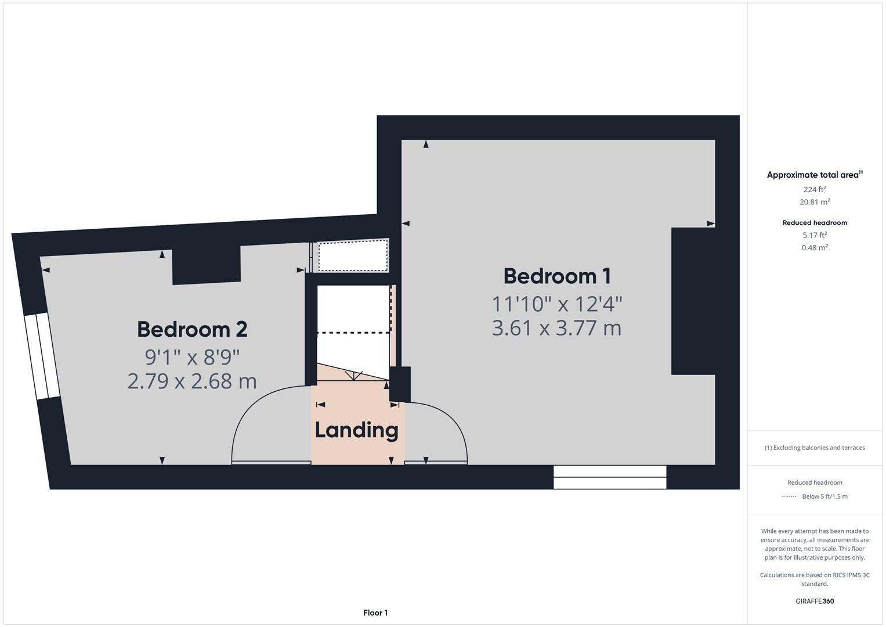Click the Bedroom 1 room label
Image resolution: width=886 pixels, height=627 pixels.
(x=557, y=276)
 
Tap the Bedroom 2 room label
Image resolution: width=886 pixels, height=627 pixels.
(x=192, y=329)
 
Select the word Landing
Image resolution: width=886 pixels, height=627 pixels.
(x=356, y=430)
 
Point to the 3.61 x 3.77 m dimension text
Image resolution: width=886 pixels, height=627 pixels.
(x=556, y=328)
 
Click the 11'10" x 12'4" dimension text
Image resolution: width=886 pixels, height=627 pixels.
(x=556, y=303)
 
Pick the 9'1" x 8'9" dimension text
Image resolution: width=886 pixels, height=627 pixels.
(x=192, y=355)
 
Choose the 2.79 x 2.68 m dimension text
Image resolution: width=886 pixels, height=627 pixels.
(x=192, y=381)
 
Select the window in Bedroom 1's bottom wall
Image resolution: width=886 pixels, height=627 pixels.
(x=610, y=477)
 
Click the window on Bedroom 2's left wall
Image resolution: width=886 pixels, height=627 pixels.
(x=42, y=356)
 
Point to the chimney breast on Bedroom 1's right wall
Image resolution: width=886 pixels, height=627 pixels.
(x=693, y=301)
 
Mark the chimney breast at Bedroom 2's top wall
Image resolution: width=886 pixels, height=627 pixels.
(x=207, y=265)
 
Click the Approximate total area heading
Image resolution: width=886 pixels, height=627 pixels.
(x=813, y=175)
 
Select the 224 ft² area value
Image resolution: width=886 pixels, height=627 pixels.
(x=815, y=189)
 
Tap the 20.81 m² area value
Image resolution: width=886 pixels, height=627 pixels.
(x=815, y=202)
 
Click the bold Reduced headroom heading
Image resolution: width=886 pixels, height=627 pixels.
(x=815, y=222)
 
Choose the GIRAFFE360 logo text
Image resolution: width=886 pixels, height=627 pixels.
(x=815, y=601)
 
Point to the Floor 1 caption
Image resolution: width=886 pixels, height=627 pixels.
(x=375, y=612)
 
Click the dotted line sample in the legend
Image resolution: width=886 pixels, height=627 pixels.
(x=790, y=497)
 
